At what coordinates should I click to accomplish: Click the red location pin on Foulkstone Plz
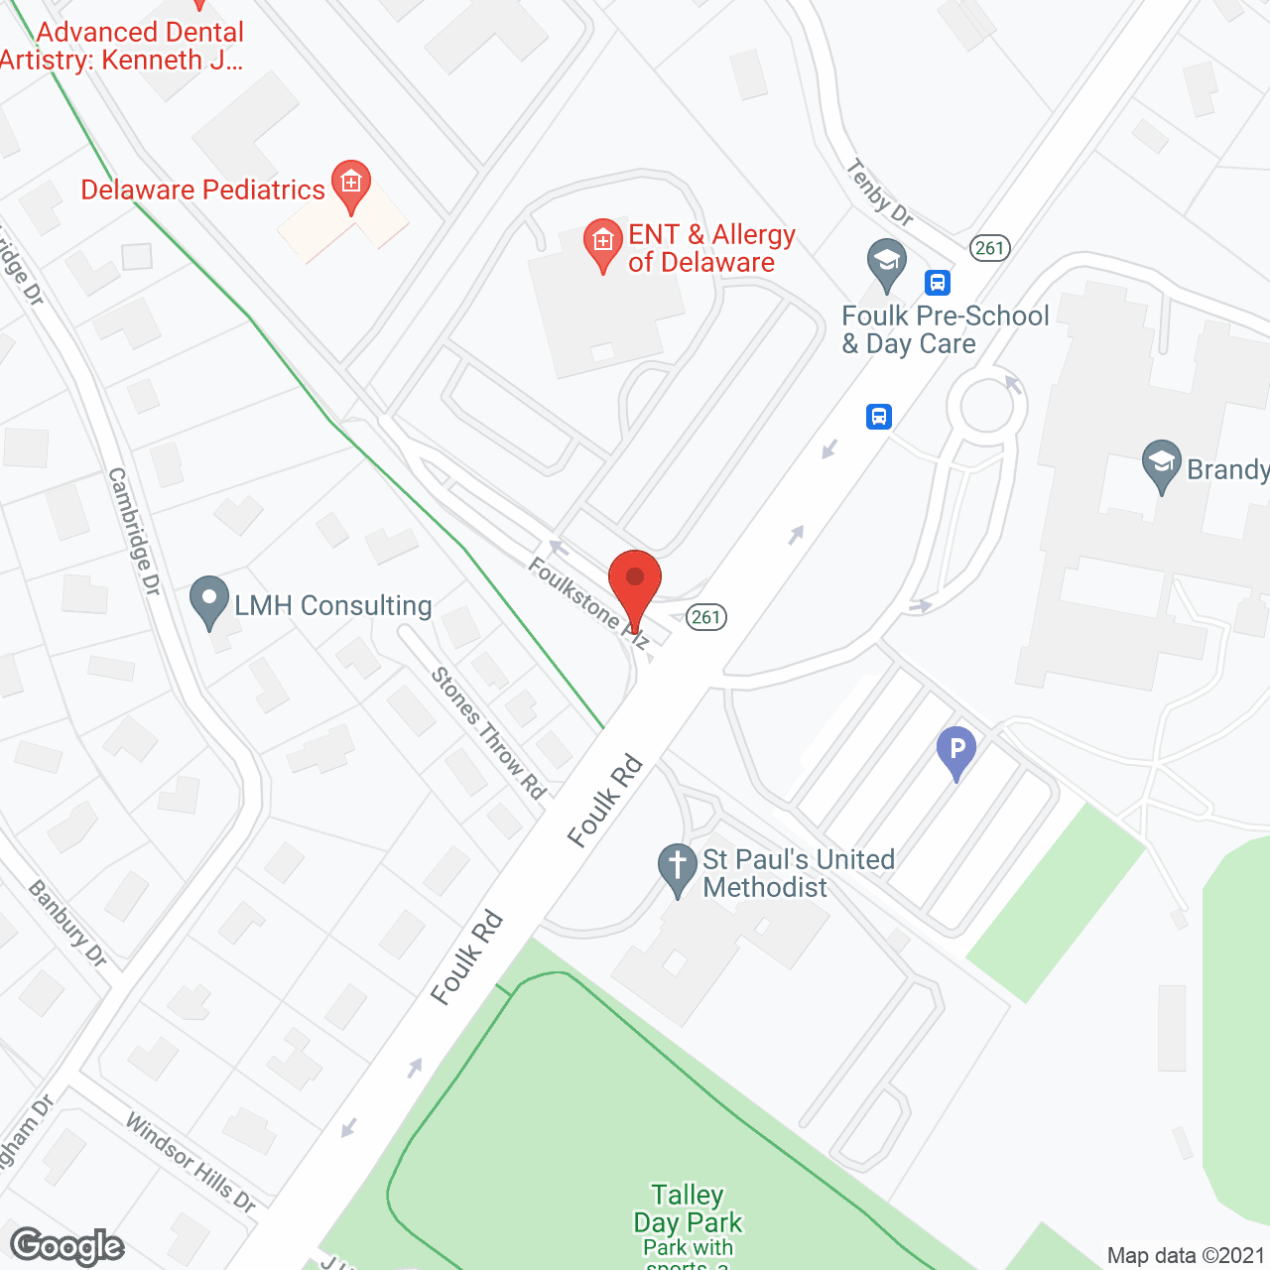pyautogui.click(x=634, y=581)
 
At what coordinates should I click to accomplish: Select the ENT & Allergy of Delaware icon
pyautogui.click(x=602, y=241)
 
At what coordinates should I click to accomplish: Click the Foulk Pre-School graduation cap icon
pyautogui.click(x=886, y=263)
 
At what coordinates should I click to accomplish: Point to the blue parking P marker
pyautogui.click(x=956, y=750)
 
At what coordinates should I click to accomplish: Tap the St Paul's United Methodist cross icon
pyautogui.click(x=678, y=866)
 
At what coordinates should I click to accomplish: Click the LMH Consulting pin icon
pyautogui.click(x=208, y=599)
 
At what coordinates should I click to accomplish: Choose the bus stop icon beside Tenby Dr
pyautogui.click(x=938, y=283)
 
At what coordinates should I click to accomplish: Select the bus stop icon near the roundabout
pyautogui.click(x=879, y=416)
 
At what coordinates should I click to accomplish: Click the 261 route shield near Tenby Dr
pyautogui.click(x=989, y=248)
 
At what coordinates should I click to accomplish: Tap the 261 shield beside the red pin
pyautogui.click(x=706, y=617)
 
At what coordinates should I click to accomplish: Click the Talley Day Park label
pyautogui.click(x=688, y=1208)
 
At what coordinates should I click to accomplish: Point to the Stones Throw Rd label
pyautogui.click(x=488, y=733)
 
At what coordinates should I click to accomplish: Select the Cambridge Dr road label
pyautogui.click(x=134, y=532)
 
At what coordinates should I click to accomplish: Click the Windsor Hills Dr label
pyautogui.click(x=190, y=1162)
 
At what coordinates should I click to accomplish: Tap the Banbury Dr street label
pyautogui.click(x=67, y=923)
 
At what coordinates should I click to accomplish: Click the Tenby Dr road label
pyautogui.click(x=880, y=192)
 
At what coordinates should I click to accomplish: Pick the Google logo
pyautogui.click(x=67, y=1246)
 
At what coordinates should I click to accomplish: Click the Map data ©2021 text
pyautogui.click(x=1186, y=1255)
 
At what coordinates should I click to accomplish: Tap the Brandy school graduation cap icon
pyautogui.click(x=1161, y=464)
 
